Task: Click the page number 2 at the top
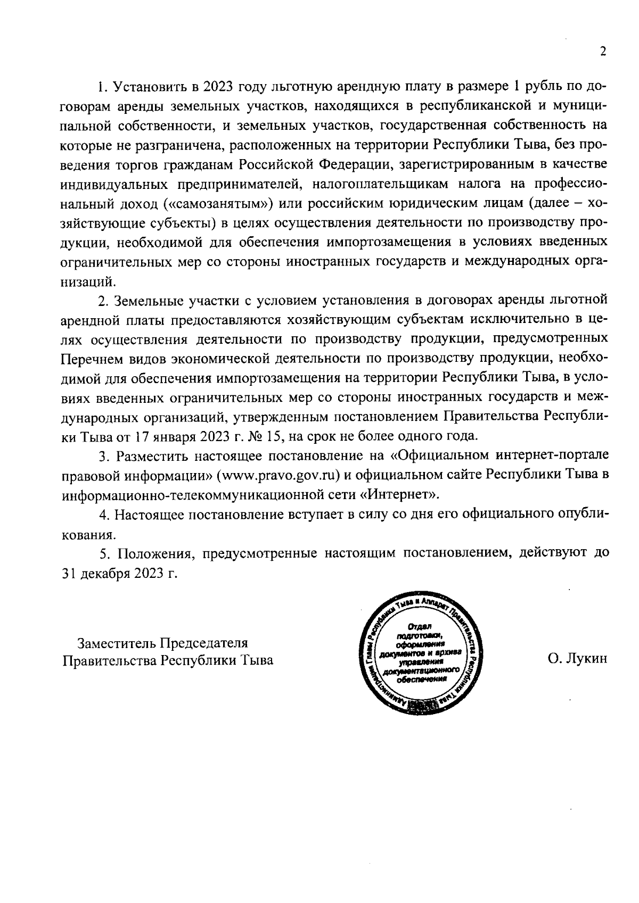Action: pyautogui.click(x=603, y=52)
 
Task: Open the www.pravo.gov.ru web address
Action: pyautogui.click(x=277, y=475)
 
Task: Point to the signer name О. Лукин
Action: pyautogui.click(x=577, y=659)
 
